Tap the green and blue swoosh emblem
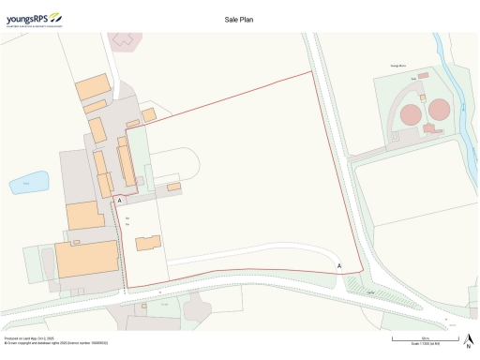54,15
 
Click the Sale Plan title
239,18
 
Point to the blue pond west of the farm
35,180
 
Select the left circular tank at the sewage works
411,114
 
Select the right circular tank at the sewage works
438,111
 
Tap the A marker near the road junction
339,266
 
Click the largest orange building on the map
85,258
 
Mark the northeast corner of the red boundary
311,72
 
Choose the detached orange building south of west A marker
148,243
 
